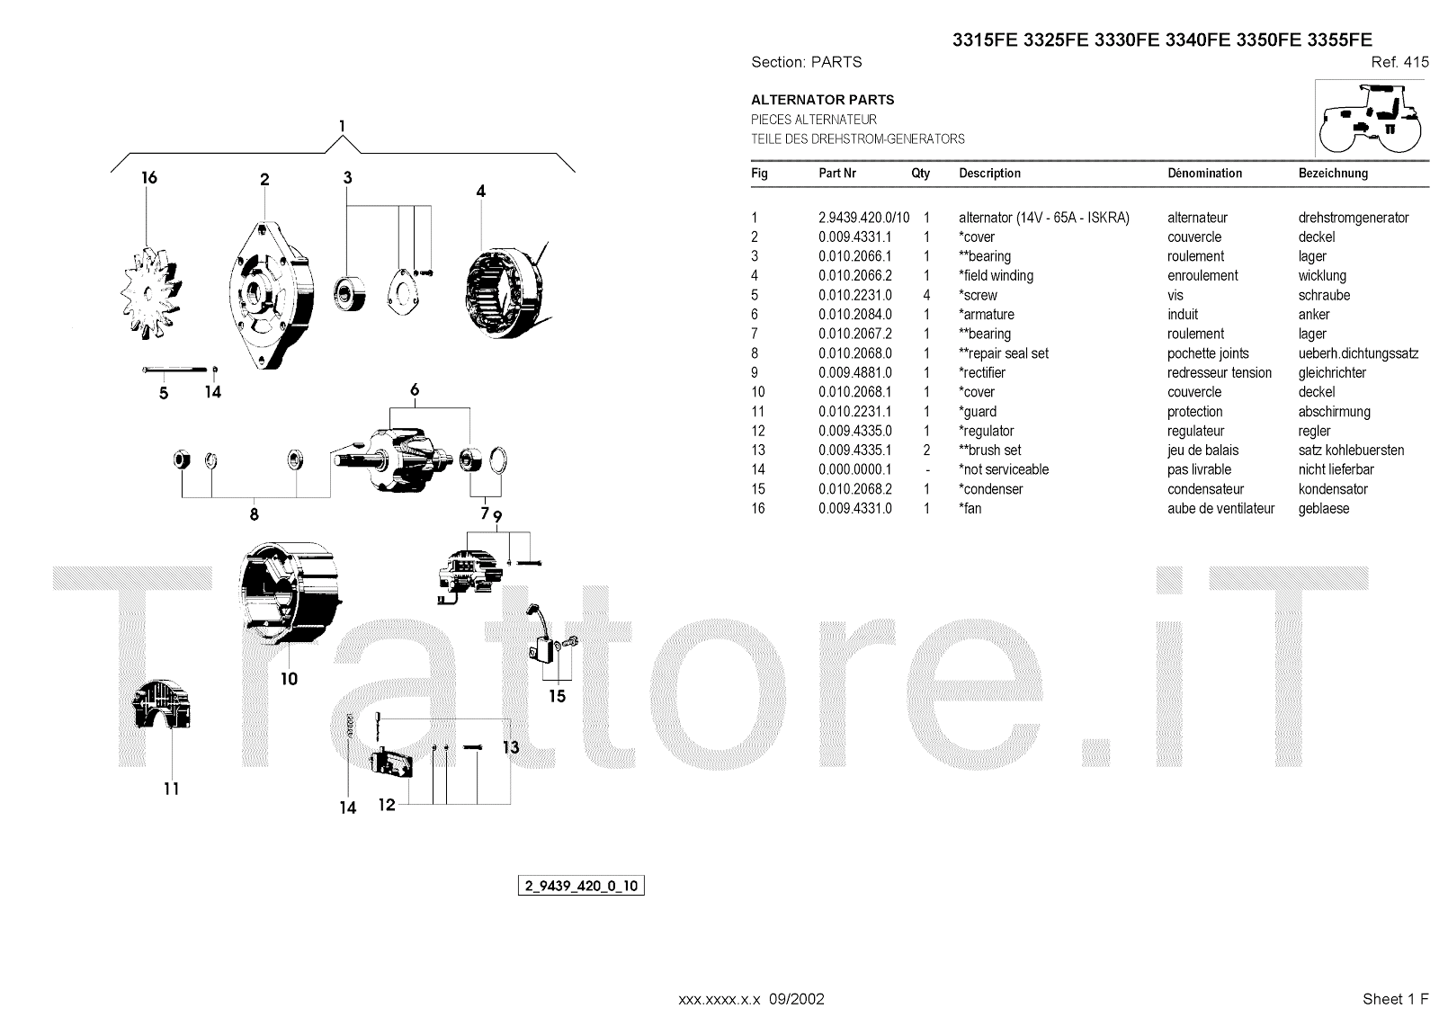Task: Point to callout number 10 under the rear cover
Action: click(289, 679)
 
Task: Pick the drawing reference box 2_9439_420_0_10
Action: click(580, 886)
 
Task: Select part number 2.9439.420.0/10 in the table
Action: click(863, 218)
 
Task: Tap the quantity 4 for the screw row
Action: click(926, 295)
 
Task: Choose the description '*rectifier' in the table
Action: click(982, 372)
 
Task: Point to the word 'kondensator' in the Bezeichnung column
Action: click(1333, 489)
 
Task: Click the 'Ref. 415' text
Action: click(1399, 62)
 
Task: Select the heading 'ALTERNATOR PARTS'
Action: click(822, 100)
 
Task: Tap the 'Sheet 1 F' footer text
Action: click(1394, 999)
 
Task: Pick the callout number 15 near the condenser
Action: click(557, 696)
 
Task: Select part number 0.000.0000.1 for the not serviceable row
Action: click(854, 469)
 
